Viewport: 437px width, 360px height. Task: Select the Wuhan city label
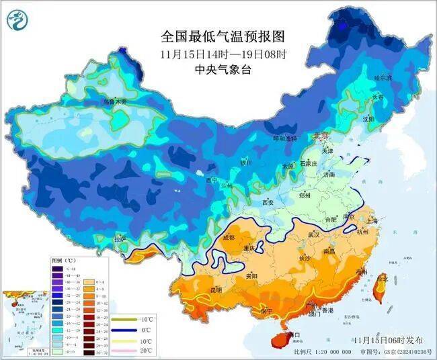point(314,234)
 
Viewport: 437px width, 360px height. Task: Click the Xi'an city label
point(268,202)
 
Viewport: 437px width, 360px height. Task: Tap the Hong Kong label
point(327,311)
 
